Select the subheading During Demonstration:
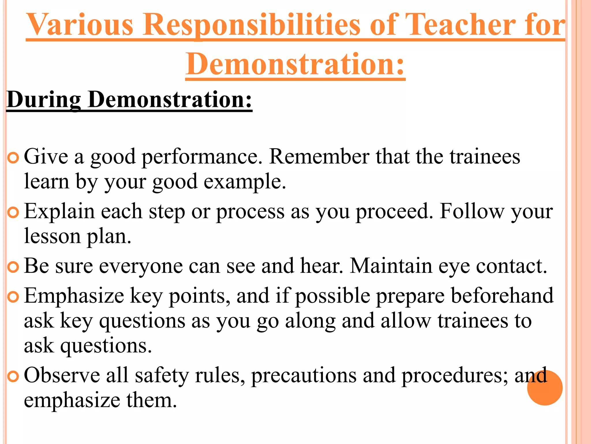coord(129,100)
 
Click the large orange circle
coord(545,388)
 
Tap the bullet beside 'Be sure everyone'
coord(13,267)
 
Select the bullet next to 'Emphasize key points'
coord(13,297)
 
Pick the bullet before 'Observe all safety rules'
coord(13,376)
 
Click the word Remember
coord(319,157)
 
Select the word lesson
coord(52,236)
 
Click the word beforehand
coord(502,296)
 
